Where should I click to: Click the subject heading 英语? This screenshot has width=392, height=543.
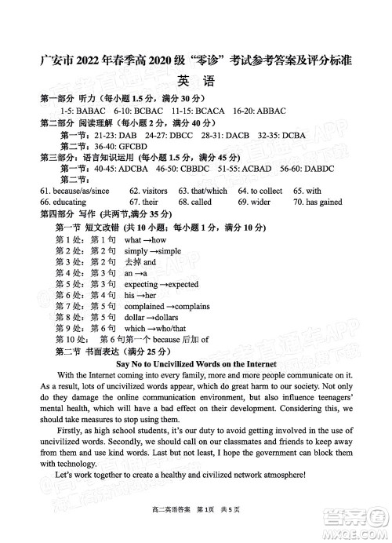195,82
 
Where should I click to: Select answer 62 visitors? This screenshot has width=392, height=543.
149,191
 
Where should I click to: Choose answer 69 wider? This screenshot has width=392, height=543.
254,202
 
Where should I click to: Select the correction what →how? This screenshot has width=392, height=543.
145,239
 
